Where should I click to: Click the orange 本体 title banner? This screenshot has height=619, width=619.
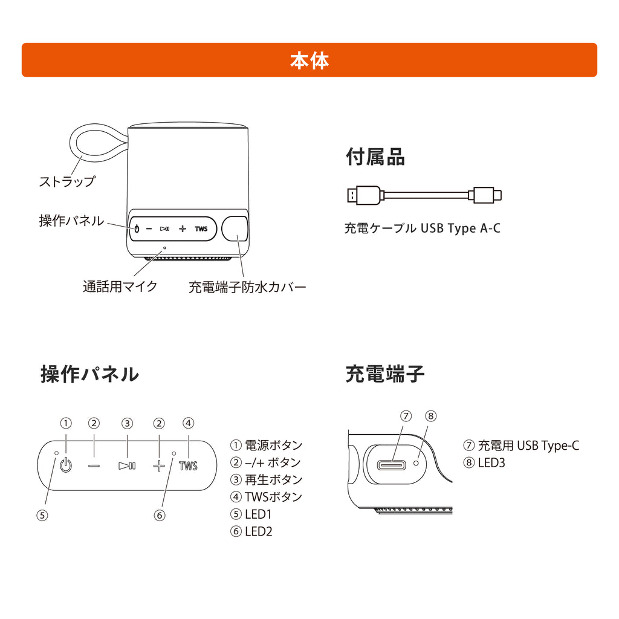[309, 60]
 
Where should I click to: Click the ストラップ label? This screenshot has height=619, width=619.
[66, 181]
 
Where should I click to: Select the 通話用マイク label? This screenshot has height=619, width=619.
[120, 286]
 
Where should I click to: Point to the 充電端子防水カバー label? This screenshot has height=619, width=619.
[247, 287]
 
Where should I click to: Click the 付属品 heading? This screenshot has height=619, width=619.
[375, 157]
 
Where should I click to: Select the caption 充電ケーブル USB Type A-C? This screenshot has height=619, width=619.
[422, 228]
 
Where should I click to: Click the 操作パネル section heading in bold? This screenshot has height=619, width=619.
[89, 374]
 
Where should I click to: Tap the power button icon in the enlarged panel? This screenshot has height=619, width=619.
[66, 465]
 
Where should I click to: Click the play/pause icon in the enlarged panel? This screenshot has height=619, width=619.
[127, 465]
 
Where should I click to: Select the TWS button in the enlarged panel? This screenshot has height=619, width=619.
[188, 465]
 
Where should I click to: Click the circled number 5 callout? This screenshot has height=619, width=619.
[42, 516]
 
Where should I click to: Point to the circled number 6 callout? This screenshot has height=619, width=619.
[159, 516]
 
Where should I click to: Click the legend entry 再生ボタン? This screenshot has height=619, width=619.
[266, 480]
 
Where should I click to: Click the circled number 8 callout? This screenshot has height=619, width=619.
[430, 416]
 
